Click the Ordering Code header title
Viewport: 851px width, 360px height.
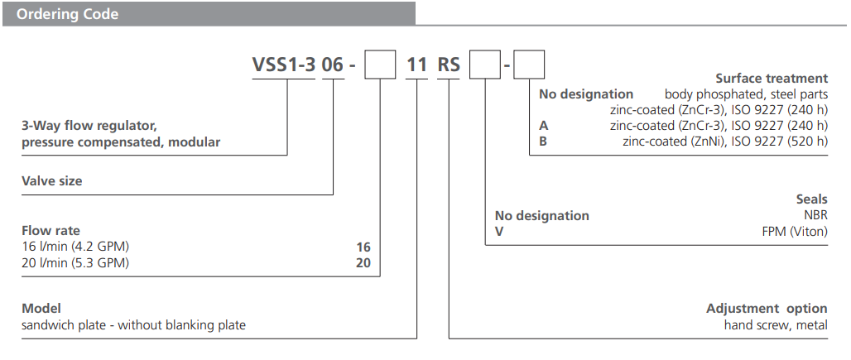[x=68, y=14]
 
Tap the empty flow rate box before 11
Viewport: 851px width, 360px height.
[x=381, y=65]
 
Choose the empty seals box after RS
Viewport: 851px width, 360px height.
[x=484, y=65]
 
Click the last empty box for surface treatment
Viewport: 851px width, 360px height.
[x=529, y=65]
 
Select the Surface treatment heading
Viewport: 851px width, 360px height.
[x=772, y=79]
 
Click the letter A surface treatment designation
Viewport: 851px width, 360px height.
[x=543, y=126]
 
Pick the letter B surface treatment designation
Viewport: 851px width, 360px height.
[x=543, y=142]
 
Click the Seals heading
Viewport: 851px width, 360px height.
[x=811, y=199]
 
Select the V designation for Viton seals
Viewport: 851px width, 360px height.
[x=499, y=232]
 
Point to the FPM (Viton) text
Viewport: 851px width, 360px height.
[x=795, y=232]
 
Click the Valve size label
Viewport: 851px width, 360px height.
[x=51, y=180]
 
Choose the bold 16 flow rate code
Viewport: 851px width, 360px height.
[x=363, y=247]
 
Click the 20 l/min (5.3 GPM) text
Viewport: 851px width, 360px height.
[x=76, y=263]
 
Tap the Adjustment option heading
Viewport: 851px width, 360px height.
[x=767, y=309]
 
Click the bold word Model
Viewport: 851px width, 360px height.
[x=41, y=309]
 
